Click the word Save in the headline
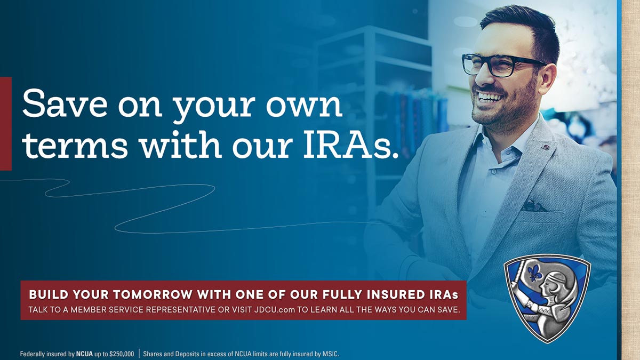coord(65,103)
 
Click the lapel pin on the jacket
coord(546,147)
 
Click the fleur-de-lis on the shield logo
coord(534,273)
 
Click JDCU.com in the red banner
coord(274,310)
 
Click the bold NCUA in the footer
coord(84,354)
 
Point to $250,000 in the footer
coord(122,354)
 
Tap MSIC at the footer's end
coord(331,354)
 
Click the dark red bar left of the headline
coord(6,124)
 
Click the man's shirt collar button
coord(494,172)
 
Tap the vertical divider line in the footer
coord(139,354)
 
